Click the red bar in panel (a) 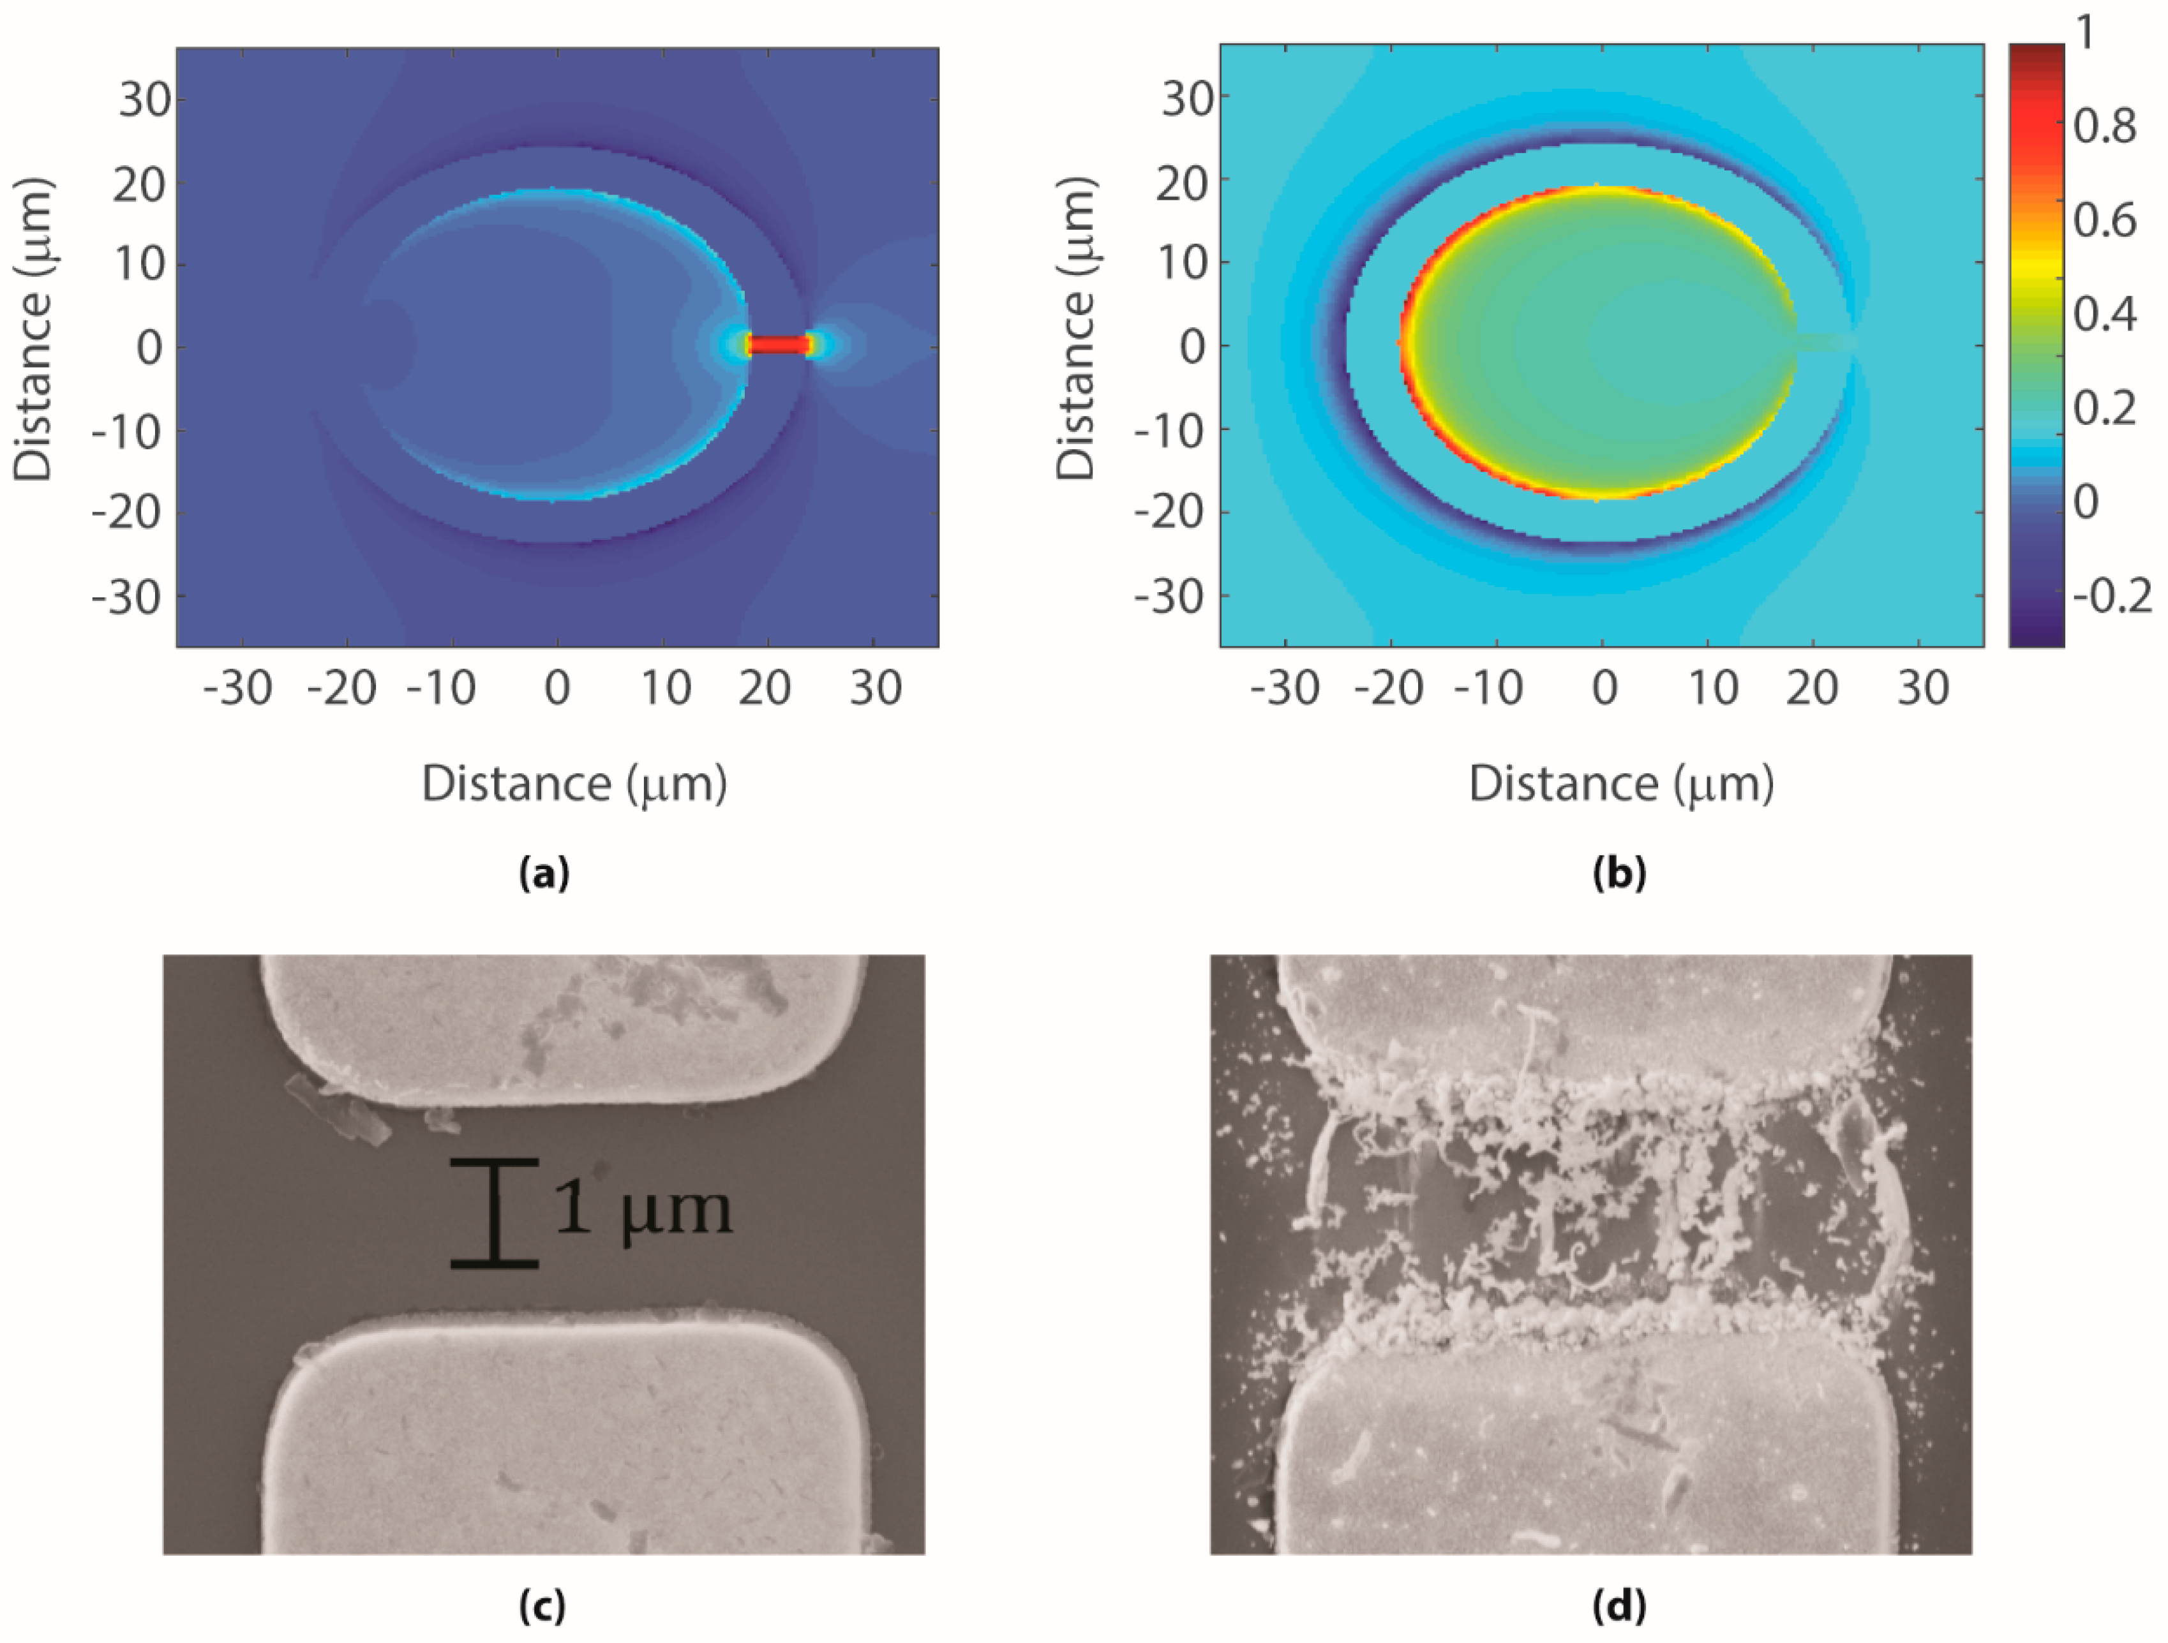pos(780,345)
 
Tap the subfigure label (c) pos(542,1605)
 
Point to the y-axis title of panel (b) pos(1075,329)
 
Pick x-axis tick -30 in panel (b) pos(1285,688)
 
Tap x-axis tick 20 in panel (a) pos(765,688)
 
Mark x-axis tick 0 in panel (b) pos(1603,688)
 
